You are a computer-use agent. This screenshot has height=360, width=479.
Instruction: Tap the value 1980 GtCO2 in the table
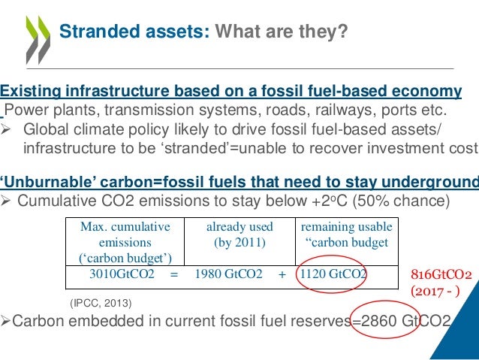tap(228, 274)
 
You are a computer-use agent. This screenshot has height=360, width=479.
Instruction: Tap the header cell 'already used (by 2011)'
tap(239, 234)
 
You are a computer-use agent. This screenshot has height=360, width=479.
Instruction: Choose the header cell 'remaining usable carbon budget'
tap(345, 234)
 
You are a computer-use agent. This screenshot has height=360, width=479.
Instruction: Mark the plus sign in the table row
tap(282, 274)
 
